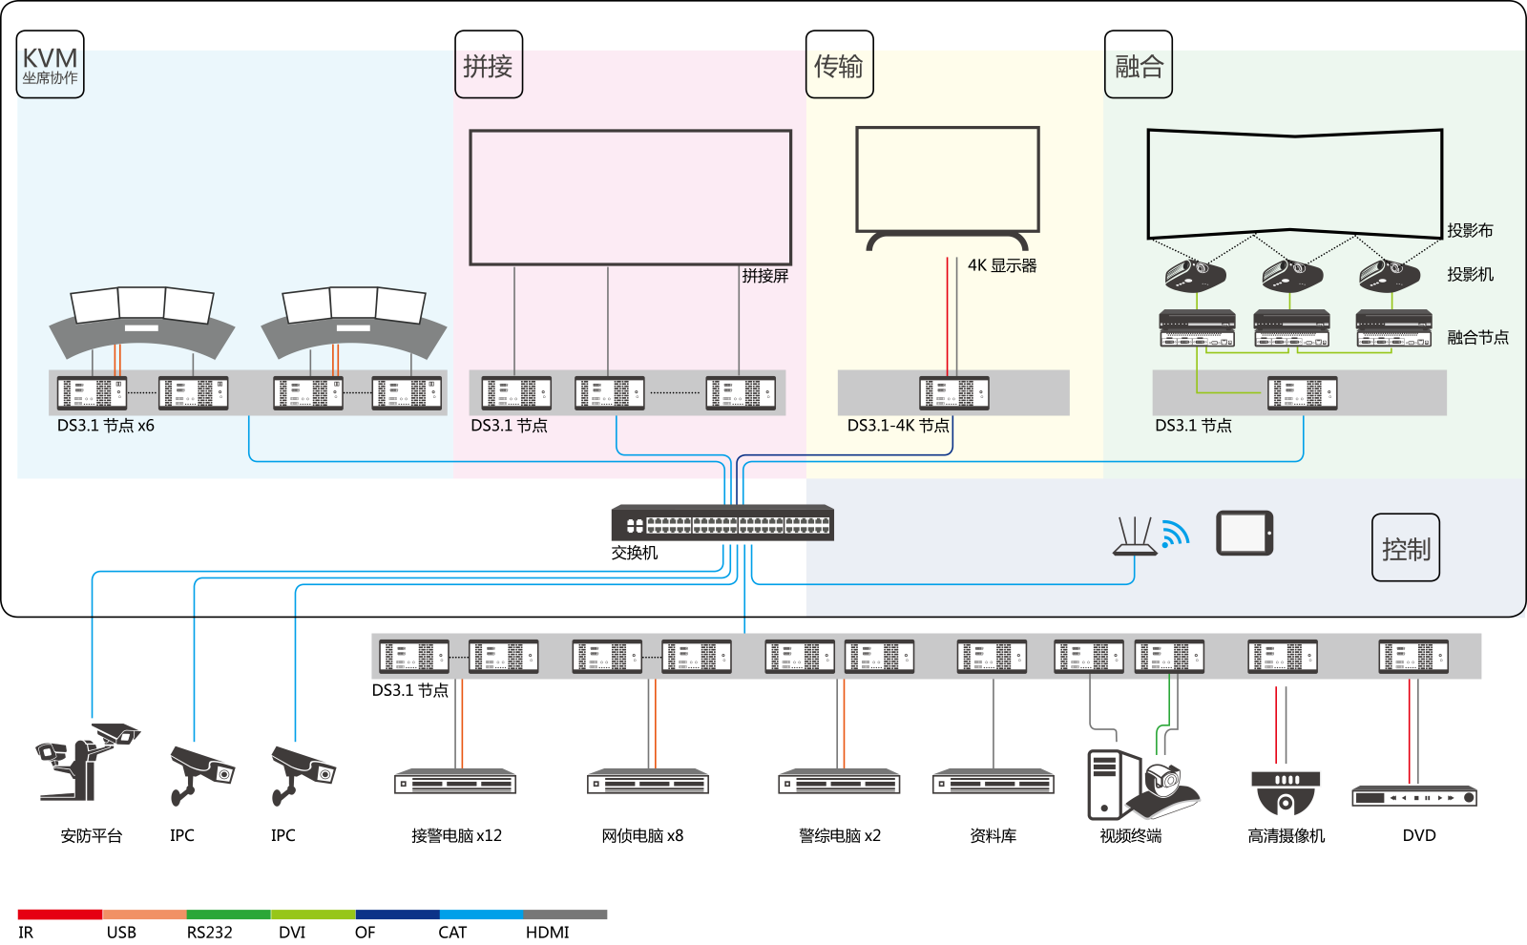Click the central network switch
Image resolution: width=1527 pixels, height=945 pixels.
tap(722, 523)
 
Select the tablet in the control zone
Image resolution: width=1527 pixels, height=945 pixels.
tap(1245, 534)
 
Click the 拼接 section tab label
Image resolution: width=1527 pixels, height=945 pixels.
tap(488, 68)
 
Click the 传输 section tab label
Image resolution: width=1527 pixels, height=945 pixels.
tap(838, 67)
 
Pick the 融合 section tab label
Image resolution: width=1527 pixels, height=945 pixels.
tap(1139, 67)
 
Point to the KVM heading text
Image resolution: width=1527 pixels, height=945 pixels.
tap(50, 59)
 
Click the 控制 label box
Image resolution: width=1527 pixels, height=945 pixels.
tap(1406, 548)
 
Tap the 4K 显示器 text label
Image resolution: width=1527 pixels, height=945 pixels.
tap(1002, 265)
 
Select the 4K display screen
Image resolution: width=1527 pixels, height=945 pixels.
tap(948, 178)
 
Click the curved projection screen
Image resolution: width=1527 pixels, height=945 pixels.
tap(1294, 183)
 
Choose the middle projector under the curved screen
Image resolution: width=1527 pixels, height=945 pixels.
tap(1292, 276)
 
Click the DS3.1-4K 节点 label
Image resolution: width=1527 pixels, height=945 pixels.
tap(898, 426)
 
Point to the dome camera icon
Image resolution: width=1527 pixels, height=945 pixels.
tap(1286, 792)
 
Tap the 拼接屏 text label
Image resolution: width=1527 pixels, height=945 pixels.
tap(765, 276)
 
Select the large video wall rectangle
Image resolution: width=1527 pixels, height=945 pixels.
tap(631, 197)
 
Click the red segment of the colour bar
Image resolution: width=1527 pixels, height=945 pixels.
tap(59, 914)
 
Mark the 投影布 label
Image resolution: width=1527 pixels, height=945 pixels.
tap(1470, 230)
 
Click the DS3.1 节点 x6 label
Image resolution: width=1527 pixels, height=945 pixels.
tap(106, 426)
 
